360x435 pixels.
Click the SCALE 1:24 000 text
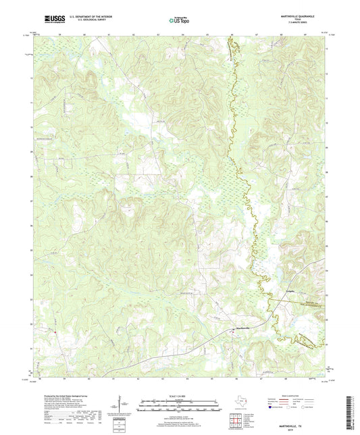180,395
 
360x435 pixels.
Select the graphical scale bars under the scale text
180,405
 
